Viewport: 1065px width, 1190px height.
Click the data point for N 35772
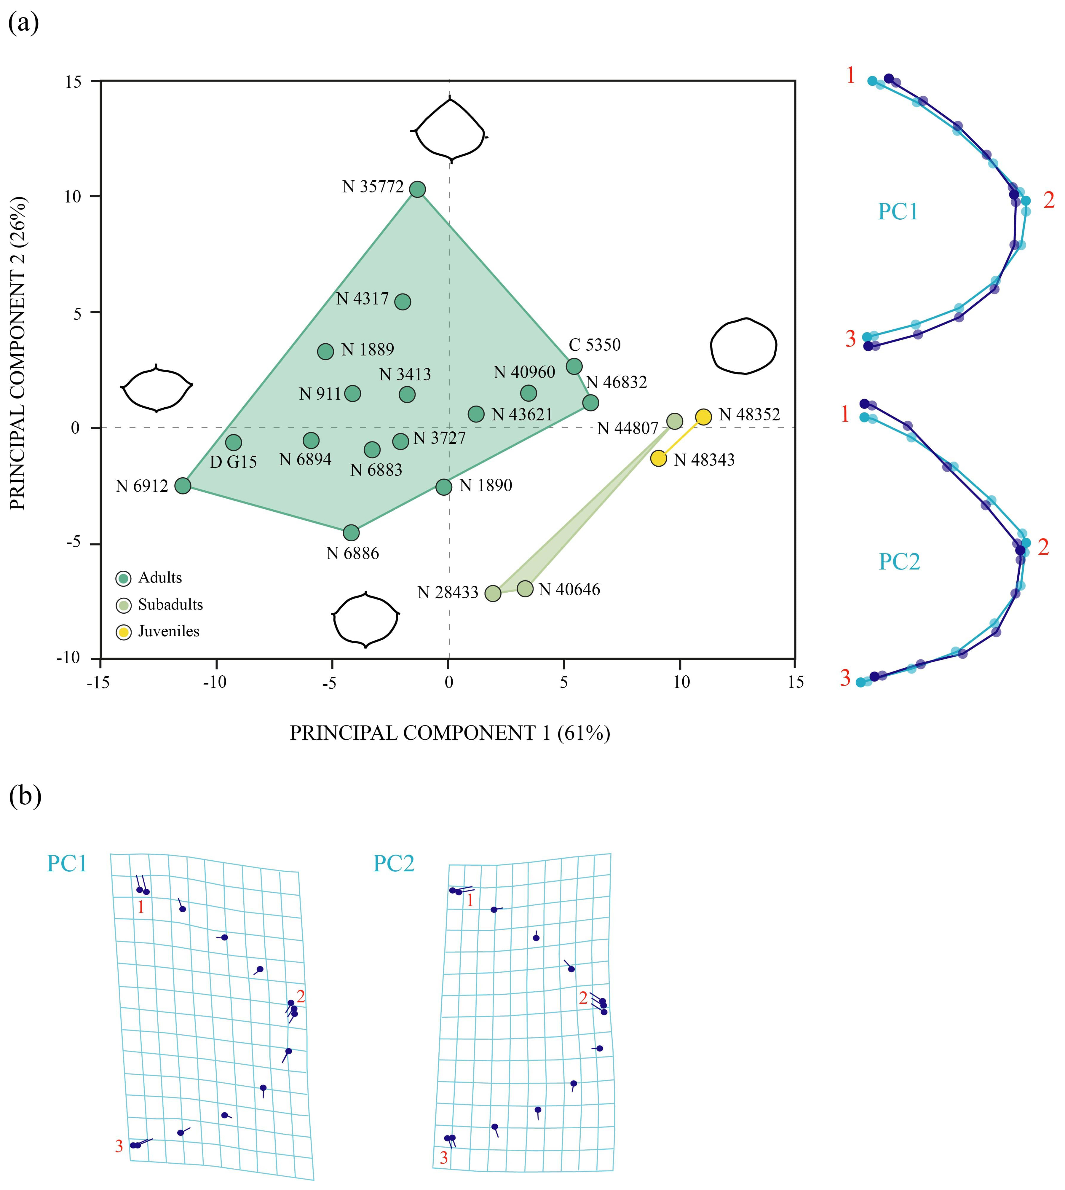pyautogui.click(x=417, y=189)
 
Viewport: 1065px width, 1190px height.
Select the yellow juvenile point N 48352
pyautogui.click(x=703, y=417)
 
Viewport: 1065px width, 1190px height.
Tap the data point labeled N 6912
pyautogui.click(x=183, y=485)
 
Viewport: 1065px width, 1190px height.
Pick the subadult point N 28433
pyautogui.click(x=493, y=593)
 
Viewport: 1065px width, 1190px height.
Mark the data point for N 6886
pyautogui.click(x=351, y=533)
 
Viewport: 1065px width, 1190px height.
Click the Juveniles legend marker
pyautogui.click(x=124, y=632)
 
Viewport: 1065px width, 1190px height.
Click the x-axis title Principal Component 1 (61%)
pyautogui.click(x=450, y=733)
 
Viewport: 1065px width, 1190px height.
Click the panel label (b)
pyautogui.click(x=25, y=797)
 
